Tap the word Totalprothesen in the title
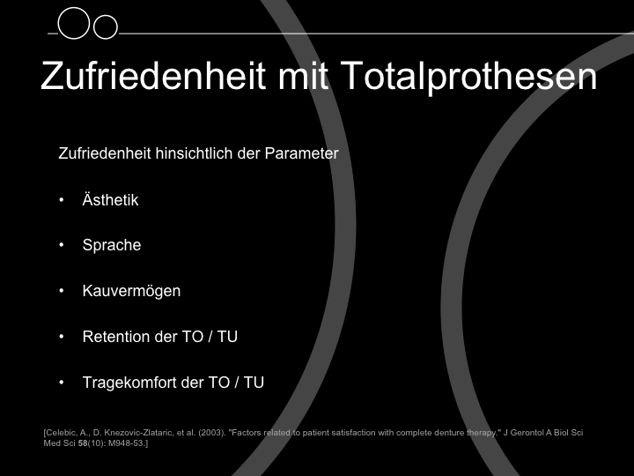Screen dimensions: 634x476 click(468, 77)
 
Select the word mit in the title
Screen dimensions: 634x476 click(303, 76)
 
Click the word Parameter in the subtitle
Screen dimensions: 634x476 click(302, 153)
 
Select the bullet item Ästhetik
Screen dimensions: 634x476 click(110, 200)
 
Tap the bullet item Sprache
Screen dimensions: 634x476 click(112, 245)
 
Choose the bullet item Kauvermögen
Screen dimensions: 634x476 click(131, 291)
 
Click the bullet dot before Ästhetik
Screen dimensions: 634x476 click(62, 199)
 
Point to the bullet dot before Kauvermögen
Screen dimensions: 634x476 click(62, 291)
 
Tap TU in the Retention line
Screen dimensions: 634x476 click(227, 337)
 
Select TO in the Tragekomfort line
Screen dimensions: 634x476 click(218, 383)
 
